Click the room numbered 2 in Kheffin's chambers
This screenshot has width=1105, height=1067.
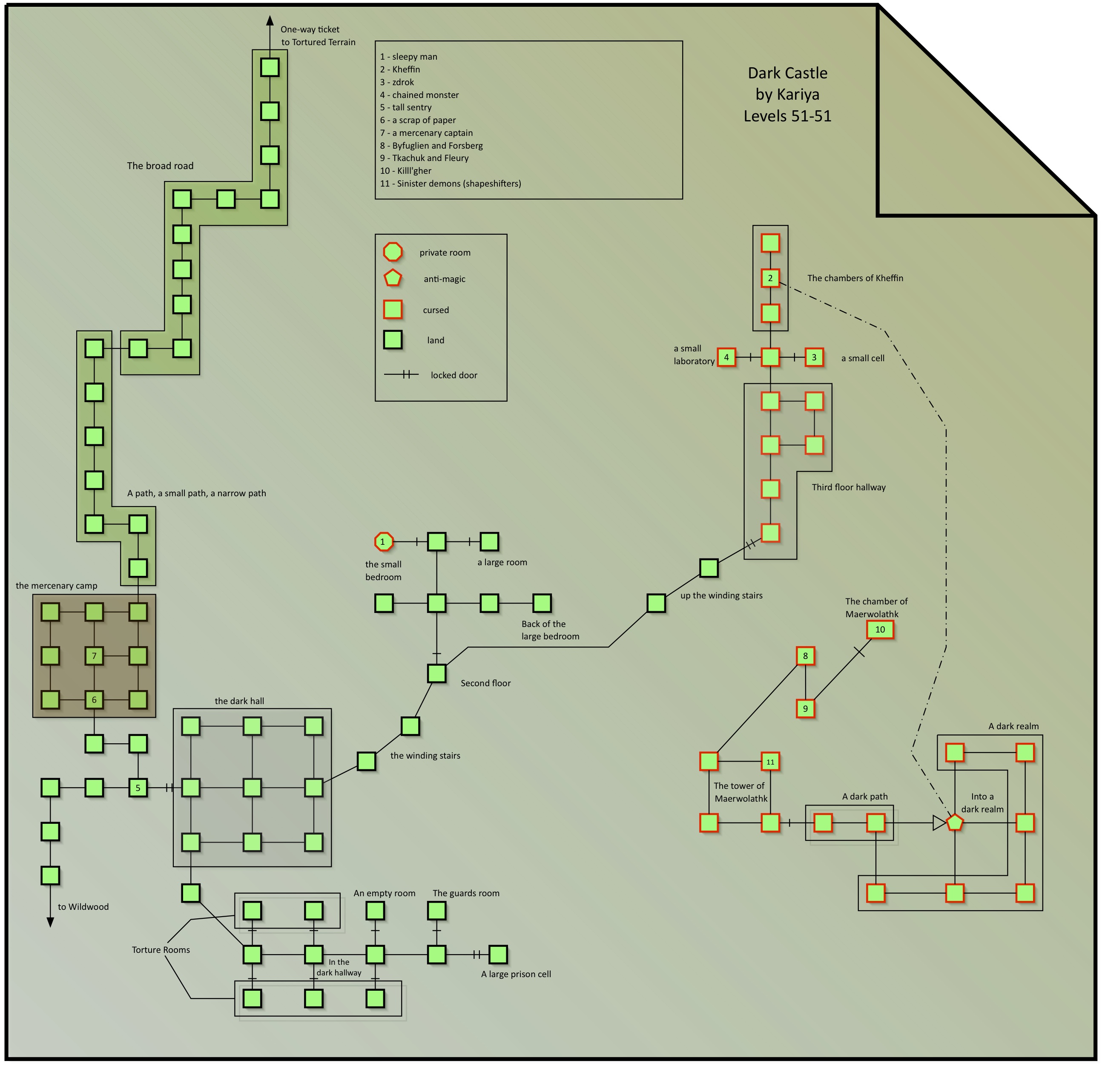pos(770,278)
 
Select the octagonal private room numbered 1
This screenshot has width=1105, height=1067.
pos(383,541)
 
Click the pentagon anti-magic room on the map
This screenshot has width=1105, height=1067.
pos(954,823)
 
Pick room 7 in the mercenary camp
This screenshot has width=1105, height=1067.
pos(94,656)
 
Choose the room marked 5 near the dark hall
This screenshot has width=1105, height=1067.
pos(138,788)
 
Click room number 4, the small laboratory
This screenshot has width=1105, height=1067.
pos(726,357)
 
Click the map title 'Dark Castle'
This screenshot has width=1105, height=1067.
pos(788,73)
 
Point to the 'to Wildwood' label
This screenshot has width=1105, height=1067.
pos(83,907)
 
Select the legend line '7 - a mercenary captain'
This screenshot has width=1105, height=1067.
pos(426,133)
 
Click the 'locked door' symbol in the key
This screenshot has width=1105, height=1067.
pos(402,374)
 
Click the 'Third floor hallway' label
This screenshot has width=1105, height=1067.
pos(849,487)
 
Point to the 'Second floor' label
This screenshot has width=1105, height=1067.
pos(485,683)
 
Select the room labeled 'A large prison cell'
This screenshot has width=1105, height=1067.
pos(498,955)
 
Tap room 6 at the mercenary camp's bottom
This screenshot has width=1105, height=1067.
pos(94,700)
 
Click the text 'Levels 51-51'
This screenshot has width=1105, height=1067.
pos(788,116)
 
